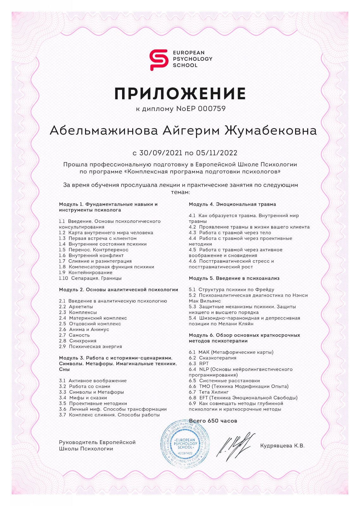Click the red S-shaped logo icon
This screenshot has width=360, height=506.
click(158, 59)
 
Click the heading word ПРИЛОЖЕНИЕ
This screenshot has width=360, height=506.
click(180, 93)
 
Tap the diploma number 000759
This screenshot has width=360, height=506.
click(212, 109)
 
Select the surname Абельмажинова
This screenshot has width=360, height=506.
click(104, 131)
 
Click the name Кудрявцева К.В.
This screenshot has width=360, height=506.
click(282, 446)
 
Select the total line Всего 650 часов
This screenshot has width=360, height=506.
click(213, 421)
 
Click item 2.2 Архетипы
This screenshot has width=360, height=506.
click(76, 307)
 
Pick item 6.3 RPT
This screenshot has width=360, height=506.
click(199, 364)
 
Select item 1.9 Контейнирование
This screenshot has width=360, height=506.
click(86, 273)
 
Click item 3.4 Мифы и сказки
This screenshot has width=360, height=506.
click(83, 398)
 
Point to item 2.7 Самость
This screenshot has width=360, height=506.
click(74, 335)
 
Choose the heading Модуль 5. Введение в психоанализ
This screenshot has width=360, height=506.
click(234, 278)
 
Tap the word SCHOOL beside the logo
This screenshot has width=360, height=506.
click(185, 65)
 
